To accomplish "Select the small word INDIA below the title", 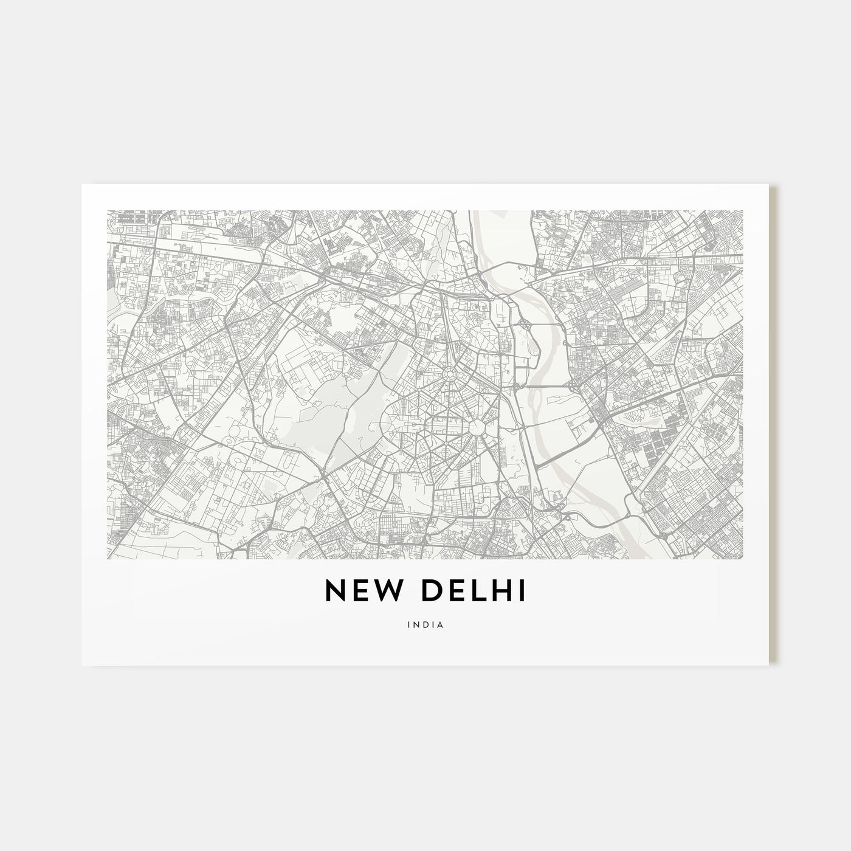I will pos(425,624).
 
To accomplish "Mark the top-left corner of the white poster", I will pos(82,184).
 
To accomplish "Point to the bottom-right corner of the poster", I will pos(769,665).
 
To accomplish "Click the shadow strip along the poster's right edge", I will pos(773,425).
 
